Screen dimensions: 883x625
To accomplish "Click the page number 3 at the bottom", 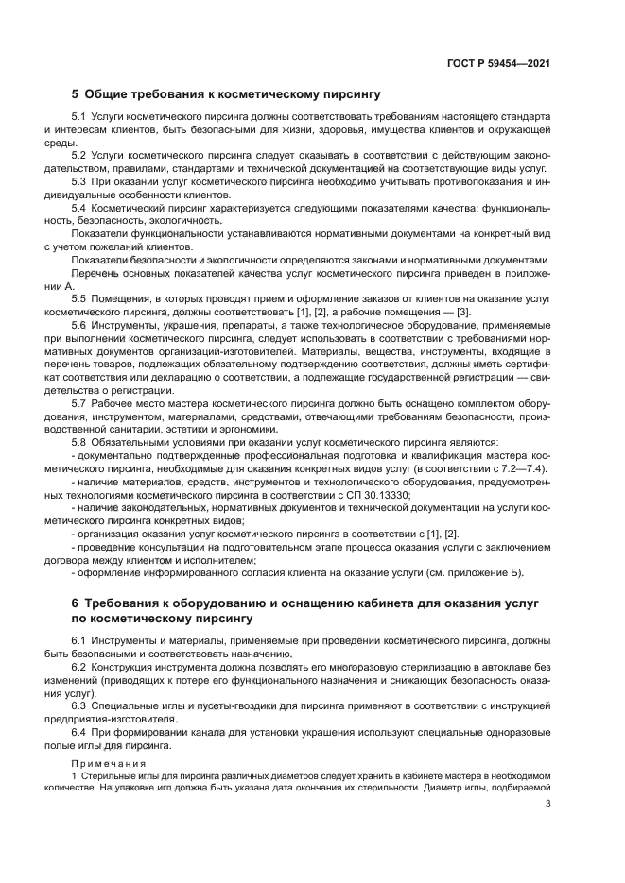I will click(547, 804).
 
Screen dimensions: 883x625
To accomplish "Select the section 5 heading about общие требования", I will click(226, 94).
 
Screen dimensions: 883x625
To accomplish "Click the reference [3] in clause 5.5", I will click(462, 312).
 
